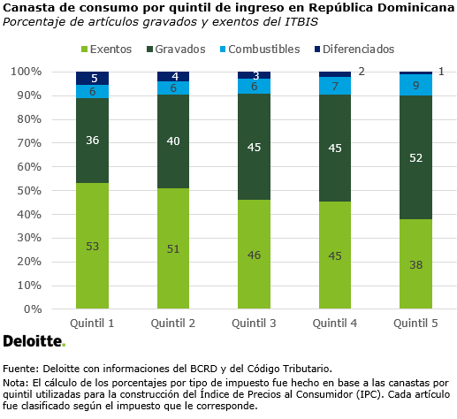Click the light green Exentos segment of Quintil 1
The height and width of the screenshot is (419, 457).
coord(92,246)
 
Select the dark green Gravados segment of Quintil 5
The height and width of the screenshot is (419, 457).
coord(415,157)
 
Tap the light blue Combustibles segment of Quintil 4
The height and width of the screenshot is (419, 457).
coord(334,86)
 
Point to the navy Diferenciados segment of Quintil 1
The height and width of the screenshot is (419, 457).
coord(92,78)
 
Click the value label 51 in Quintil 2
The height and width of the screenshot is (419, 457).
coord(172,249)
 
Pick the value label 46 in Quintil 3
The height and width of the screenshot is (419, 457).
coord(254,255)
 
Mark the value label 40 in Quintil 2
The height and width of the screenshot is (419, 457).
coord(172,141)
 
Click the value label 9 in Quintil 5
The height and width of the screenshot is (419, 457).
coord(415,86)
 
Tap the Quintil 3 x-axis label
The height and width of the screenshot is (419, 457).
coord(254,324)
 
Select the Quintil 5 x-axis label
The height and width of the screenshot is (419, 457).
coord(415,324)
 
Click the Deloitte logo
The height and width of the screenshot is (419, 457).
coord(34,341)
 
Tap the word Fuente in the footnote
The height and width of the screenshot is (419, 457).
coord(20,368)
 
